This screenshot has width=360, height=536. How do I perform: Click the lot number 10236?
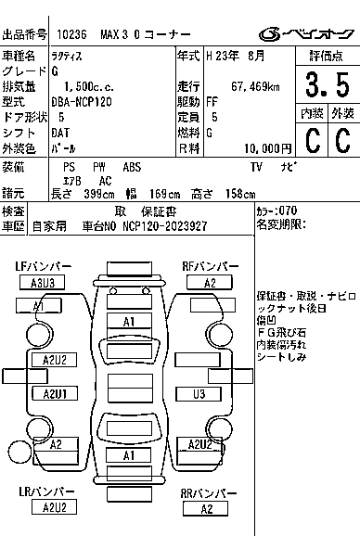tap(71, 34)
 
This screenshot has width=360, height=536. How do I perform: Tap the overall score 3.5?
tap(328, 84)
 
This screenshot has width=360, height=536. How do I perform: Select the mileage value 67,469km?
tap(255, 86)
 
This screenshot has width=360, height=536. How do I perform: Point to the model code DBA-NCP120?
tap(82, 102)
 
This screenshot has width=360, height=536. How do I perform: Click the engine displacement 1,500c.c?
tap(89, 87)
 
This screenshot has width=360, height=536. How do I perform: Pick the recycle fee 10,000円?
tap(268, 148)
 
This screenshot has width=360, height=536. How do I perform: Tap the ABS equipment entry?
tap(132, 167)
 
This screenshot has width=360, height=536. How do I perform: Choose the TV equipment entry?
tap(256, 167)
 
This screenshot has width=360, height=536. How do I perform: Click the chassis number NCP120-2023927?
tap(165, 226)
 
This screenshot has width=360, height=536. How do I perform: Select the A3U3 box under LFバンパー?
tap(42, 283)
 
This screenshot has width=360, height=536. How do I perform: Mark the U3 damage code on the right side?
tap(199, 394)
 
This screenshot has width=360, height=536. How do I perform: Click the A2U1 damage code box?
tap(55, 393)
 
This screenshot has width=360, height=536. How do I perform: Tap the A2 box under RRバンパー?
tap(206, 509)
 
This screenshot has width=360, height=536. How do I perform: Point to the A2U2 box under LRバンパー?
tap(54, 506)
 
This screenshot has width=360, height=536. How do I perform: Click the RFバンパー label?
tap(211, 267)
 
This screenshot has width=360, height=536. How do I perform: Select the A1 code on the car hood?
tap(129, 322)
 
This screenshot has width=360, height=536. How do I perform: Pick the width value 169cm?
tap(164, 194)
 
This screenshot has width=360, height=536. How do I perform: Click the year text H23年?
tap(223, 56)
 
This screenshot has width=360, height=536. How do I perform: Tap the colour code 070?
tap(288, 211)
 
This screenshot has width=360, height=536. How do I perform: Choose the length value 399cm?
tap(99, 194)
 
